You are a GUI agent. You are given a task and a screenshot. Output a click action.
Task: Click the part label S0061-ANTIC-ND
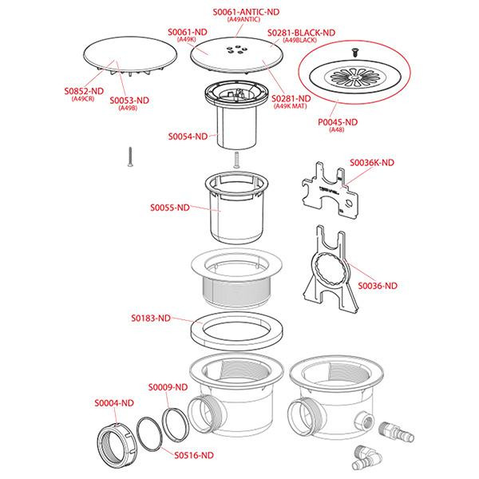(x=246, y=12)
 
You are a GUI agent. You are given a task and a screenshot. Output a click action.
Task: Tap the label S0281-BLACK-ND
(x=301, y=33)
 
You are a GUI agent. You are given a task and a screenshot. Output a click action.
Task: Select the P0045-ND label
(x=338, y=122)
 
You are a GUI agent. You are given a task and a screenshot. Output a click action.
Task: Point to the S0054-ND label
(x=188, y=137)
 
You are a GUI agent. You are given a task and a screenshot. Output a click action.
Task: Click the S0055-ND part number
(x=170, y=208)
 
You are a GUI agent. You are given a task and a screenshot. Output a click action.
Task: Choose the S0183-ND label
(x=151, y=319)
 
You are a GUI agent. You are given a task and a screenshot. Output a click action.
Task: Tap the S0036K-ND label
(x=372, y=163)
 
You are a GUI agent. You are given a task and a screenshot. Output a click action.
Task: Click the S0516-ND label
(x=194, y=455)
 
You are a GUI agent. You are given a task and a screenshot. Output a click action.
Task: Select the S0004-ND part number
(x=114, y=403)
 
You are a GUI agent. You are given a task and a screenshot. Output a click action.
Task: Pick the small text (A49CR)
(x=83, y=99)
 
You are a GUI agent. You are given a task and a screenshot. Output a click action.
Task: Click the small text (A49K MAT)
(x=291, y=106)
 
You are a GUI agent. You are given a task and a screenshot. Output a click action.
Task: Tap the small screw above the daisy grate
(x=354, y=52)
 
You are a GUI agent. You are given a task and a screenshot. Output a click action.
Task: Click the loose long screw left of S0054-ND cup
(x=130, y=157)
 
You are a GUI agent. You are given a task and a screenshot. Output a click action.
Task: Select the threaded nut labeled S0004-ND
(x=117, y=445)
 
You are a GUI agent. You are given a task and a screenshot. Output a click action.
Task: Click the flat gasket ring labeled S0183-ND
(x=236, y=331)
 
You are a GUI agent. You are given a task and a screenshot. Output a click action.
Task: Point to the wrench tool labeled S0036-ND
(x=331, y=270)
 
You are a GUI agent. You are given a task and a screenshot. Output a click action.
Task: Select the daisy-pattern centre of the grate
(x=354, y=77)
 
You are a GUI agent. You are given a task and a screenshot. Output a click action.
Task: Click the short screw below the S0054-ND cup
(x=236, y=160)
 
